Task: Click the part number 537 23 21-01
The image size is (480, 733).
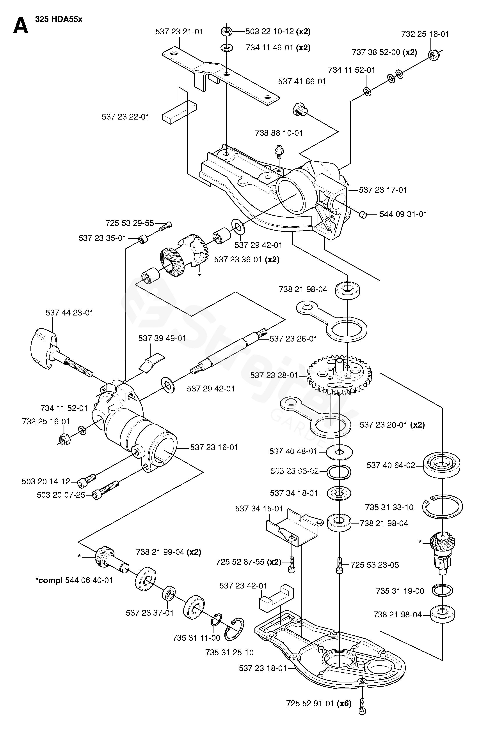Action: coord(179,32)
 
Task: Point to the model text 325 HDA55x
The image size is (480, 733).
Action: coord(59,19)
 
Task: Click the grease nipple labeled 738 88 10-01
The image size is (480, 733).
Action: coord(279,151)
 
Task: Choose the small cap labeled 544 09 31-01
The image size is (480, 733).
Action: coord(363,214)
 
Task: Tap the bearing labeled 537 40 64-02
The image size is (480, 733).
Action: coord(442,465)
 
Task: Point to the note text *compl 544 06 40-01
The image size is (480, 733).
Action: coord(74,580)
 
